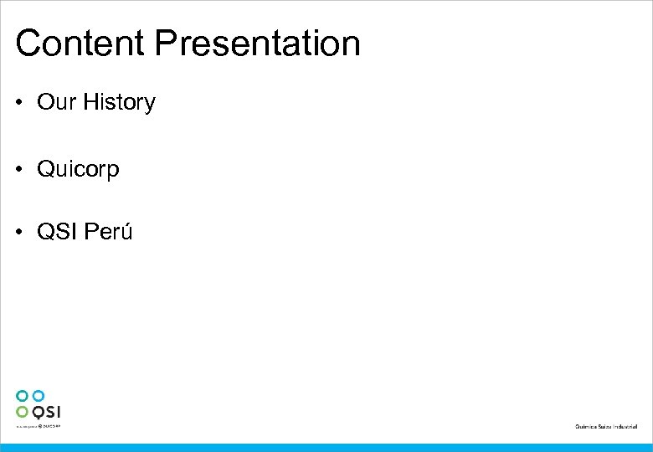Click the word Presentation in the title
click(256, 44)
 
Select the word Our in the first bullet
click(57, 103)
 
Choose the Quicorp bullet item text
click(79, 170)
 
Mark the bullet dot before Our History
click(20, 104)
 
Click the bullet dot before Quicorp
click(20, 170)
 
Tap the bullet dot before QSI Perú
click(20, 232)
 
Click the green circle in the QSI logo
click(22, 411)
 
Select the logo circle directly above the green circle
click(22, 395)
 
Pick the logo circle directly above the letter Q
click(38, 395)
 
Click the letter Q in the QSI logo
click(38, 412)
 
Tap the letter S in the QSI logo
click(50, 412)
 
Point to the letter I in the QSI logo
click(59, 412)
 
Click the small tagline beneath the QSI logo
click(39, 426)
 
